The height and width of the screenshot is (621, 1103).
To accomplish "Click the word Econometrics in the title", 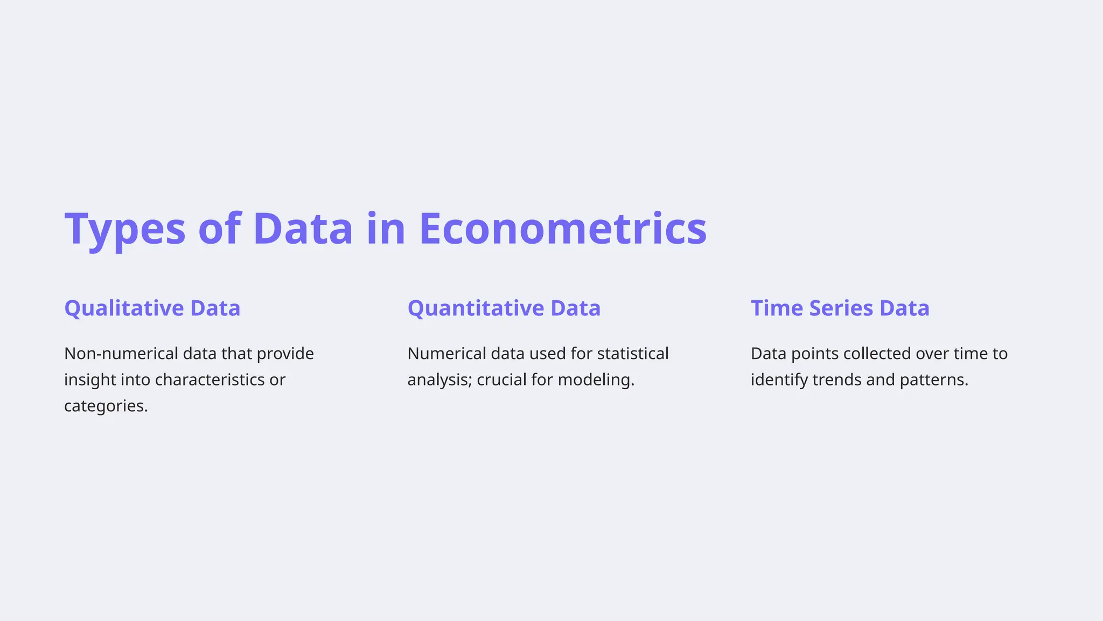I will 563,229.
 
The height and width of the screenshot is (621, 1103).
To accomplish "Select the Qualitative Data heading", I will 152,308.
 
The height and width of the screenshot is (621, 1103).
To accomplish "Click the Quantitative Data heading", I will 504,308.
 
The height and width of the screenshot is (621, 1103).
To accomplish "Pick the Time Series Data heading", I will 840,308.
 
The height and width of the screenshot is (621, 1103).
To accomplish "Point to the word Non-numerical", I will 121,354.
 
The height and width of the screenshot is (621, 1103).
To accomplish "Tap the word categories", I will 105,406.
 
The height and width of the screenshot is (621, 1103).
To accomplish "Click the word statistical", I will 633,354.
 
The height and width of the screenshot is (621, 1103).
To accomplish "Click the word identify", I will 779,380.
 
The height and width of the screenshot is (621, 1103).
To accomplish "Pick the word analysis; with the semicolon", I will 439,380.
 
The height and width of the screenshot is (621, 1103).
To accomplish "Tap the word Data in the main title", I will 303,229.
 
